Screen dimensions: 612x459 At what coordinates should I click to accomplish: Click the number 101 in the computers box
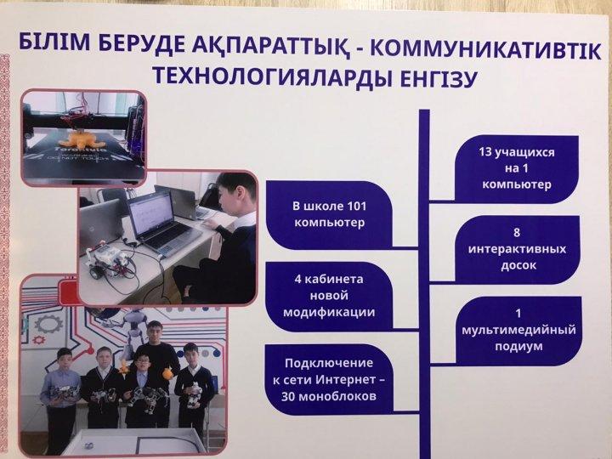[x=355, y=206]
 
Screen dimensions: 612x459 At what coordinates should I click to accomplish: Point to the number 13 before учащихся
[x=485, y=151]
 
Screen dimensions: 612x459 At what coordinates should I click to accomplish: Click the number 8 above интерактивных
[x=517, y=233]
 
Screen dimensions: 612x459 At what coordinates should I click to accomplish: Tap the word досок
[x=518, y=266]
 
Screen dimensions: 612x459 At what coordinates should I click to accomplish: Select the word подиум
[x=518, y=346]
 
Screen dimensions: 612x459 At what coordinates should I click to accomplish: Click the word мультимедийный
[x=518, y=330]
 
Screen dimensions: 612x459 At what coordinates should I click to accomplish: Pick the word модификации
[x=329, y=312]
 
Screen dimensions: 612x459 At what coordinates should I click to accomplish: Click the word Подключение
[x=329, y=364]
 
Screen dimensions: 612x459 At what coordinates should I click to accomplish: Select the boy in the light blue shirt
[x=61, y=394]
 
